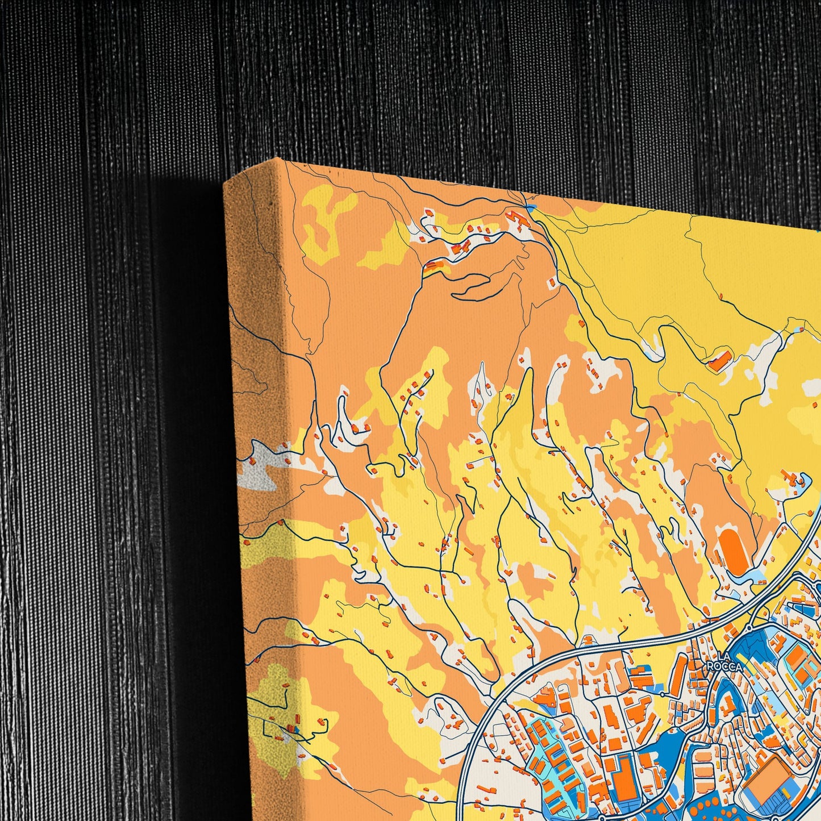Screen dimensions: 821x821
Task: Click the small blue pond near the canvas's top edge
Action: coord(531,209)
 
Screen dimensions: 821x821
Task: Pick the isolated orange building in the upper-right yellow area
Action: coord(720,361)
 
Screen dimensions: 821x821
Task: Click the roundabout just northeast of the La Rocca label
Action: coord(749,628)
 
